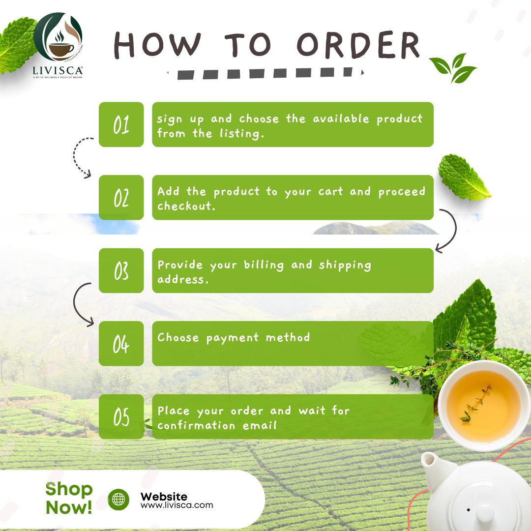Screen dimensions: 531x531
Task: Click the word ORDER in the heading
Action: pos(359,45)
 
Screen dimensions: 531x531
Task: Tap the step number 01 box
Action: pos(121,125)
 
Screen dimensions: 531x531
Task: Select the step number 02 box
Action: pos(121,198)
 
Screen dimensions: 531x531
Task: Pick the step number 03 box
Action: pos(121,271)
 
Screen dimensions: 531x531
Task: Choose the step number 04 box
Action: pos(121,344)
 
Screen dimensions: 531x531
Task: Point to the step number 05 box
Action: pos(121,417)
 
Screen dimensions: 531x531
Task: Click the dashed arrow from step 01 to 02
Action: pos(79,156)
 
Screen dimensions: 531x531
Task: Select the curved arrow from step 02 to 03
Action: pos(448,231)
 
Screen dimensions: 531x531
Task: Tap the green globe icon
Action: pos(118,500)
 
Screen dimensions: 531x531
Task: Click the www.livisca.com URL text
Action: pos(177,505)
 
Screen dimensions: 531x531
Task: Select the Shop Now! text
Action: pos(69,498)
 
